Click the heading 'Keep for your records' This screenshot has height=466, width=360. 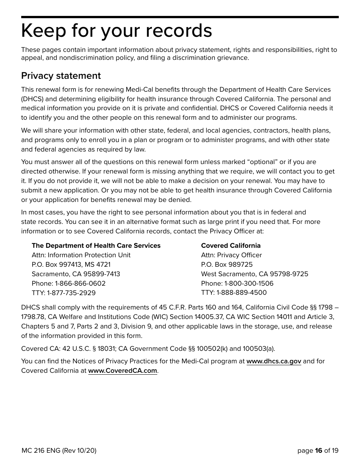(116, 31)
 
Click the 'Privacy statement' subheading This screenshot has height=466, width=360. (61, 76)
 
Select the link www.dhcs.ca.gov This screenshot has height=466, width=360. (274, 361)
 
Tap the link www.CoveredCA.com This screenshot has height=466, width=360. (122, 371)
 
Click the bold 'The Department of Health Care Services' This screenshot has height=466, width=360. (96, 246)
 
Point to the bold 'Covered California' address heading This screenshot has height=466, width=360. (231, 246)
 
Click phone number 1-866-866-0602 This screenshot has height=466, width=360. (80, 284)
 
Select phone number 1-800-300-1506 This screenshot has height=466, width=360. (249, 284)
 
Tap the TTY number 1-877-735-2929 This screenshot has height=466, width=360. (71, 293)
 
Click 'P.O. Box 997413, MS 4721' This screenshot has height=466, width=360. (71, 265)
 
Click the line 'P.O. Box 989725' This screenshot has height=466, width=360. (227, 265)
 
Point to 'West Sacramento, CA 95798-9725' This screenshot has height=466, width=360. (255, 274)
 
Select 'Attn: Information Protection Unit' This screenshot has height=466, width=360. (81, 255)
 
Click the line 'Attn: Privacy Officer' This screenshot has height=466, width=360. (232, 255)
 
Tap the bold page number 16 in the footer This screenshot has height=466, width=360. (318, 451)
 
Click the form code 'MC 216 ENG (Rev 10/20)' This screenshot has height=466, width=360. (59, 451)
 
